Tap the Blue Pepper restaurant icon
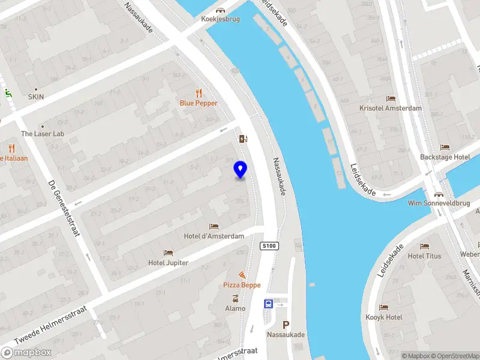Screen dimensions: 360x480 (199, 93)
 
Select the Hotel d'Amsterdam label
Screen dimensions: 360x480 (214, 236)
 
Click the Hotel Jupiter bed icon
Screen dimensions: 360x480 (169, 253)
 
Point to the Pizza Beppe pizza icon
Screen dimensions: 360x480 (242, 274)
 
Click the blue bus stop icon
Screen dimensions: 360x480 (268, 304)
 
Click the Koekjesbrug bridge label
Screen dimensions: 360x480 (221, 19)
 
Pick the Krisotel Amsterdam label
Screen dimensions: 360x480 (391, 108)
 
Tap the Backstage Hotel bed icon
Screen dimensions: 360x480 (445, 147)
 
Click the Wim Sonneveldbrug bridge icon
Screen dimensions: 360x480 (439, 194)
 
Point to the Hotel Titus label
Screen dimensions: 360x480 (424, 256)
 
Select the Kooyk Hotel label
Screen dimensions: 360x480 (384, 317)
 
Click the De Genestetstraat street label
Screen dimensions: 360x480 (64, 208)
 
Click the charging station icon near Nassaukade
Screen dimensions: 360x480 (243, 139)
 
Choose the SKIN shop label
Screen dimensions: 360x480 (36, 97)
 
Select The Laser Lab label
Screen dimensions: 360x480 (42, 134)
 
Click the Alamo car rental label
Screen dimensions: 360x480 (235, 308)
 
